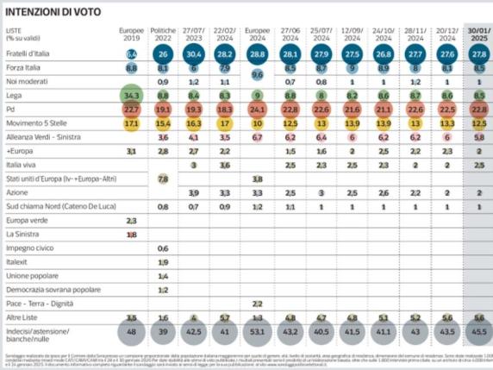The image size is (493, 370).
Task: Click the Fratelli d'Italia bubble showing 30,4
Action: point(195,53)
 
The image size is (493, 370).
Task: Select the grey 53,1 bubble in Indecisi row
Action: point(257,331)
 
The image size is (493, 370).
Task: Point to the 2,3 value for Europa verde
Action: point(132,220)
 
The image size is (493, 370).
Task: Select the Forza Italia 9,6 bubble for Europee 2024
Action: point(257,74)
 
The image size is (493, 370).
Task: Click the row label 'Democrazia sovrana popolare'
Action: point(48,290)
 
